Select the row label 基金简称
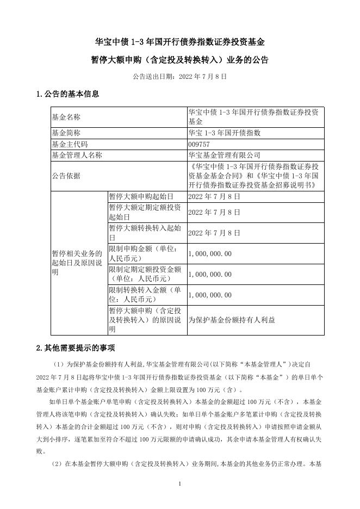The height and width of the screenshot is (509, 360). [65, 133]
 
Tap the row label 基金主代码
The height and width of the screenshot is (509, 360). [69, 144]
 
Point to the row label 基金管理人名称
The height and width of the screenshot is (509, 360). [76, 156]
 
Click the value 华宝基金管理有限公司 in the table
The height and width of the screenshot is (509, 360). [224, 156]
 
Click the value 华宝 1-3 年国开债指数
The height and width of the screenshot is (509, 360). [224, 133]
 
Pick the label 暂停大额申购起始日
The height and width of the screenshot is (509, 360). [140, 196]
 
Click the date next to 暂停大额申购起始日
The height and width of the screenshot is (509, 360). [214, 196]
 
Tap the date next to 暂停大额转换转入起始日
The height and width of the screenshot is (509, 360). [214, 233]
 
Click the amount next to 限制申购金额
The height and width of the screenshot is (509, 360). [209, 253]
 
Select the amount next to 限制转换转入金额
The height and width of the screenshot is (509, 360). [209, 295]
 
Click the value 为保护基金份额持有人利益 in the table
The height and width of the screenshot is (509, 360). [231, 320]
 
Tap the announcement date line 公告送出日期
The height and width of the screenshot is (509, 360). [179, 77]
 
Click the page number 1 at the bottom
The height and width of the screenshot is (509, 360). [179, 483]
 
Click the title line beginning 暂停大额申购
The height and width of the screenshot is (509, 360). [179, 60]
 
